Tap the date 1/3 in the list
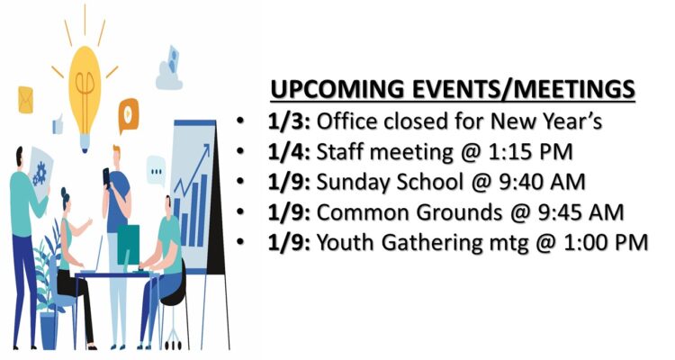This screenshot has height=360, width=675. [x=288, y=121]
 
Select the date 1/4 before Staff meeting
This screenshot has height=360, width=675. [x=288, y=152]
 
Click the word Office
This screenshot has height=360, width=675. [x=347, y=121]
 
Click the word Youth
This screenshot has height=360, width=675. [x=346, y=242]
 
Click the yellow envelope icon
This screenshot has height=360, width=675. [x=25, y=100]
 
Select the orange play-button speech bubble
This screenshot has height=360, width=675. [x=129, y=115]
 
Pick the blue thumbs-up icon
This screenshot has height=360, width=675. [x=58, y=125]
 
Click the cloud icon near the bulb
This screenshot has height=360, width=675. [x=169, y=69]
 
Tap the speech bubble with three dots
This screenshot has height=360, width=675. [x=156, y=171]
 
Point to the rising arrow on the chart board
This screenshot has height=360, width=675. [x=193, y=169]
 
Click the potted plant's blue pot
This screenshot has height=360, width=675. [x=49, y=330]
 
